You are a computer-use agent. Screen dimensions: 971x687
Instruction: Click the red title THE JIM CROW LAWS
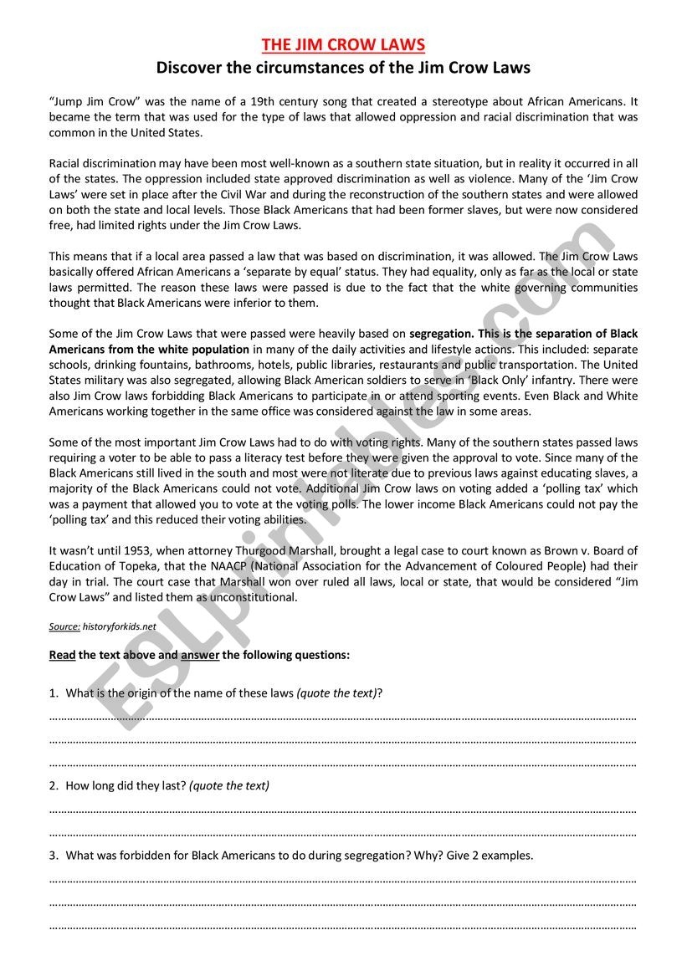coord(343,44)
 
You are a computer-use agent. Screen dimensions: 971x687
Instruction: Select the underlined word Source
coord(64,626)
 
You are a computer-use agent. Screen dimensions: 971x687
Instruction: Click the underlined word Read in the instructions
coord(62,656)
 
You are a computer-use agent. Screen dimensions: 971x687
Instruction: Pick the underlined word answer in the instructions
coord(200,656)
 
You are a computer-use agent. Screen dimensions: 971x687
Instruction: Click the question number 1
coord(53,693)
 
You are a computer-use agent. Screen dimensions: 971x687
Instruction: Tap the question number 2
coord(53,786)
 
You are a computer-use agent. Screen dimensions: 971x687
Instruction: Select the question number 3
coord(53,856)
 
